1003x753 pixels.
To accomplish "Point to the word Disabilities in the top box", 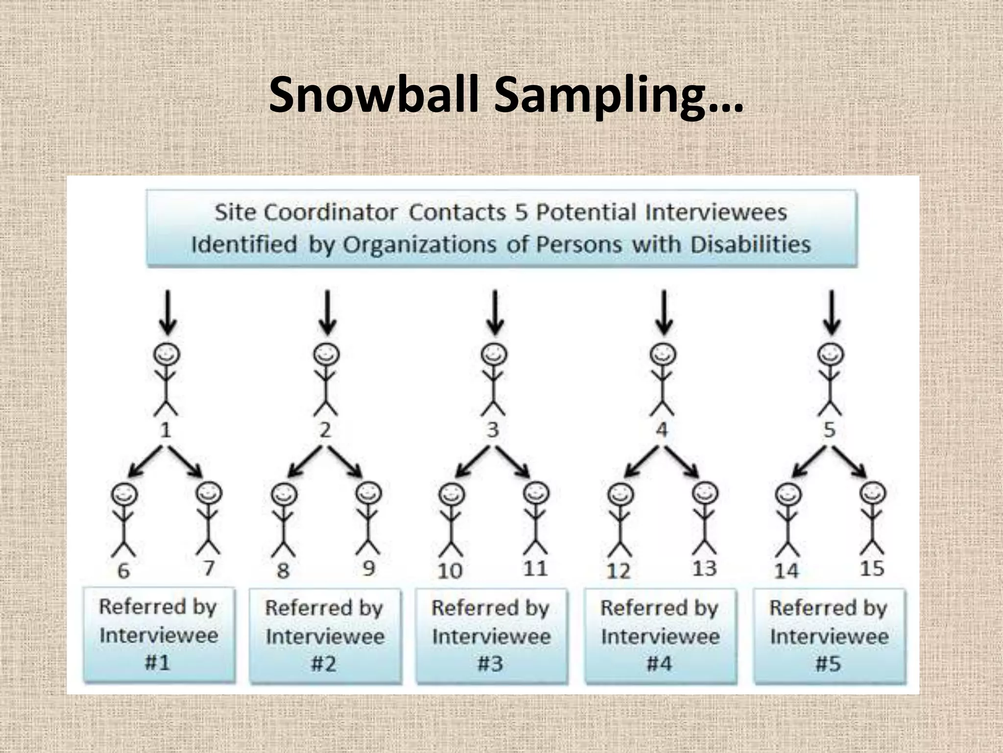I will pyautogui.click(x=750, y=244).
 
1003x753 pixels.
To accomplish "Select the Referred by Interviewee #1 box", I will pyautogui.click(x=159, y=634).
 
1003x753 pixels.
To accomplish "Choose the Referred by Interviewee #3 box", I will pyautogui.click(x=491, y=635).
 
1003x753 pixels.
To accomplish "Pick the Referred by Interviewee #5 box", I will pyautogui.click(x=829, y=635).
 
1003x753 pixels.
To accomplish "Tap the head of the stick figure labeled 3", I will pyautogui.click(x=494, y=354).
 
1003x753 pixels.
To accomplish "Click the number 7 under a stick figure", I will pyautogui.click(x=209, y=568).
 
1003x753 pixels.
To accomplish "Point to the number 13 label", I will pyautogui.click(x=705, y=569).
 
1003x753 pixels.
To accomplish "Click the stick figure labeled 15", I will pyautogui.click(x=873, y=520).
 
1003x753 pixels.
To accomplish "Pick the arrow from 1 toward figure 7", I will pyautogui.click(x=185, y=461).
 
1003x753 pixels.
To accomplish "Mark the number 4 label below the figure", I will pyautogui.click(x=662, y=430).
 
